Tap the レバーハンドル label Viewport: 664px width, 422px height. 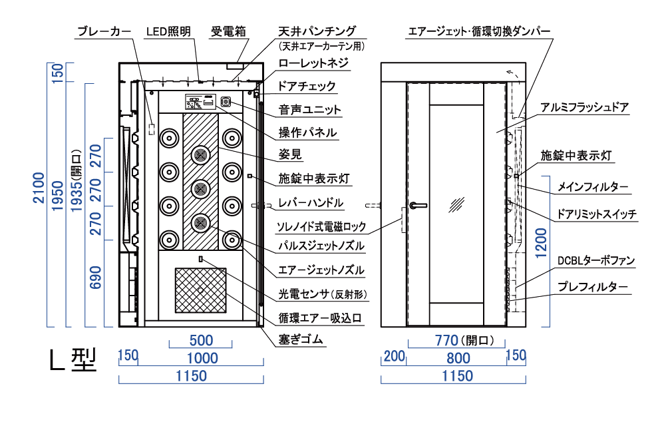coord(311,202)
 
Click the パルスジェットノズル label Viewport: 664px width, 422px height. coord(321,246)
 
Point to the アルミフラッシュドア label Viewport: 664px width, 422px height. coord(585,107)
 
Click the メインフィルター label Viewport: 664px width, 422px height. coord(593,187)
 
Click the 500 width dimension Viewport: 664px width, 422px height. coord(200,339)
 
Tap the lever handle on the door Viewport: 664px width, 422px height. coord(417,206)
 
